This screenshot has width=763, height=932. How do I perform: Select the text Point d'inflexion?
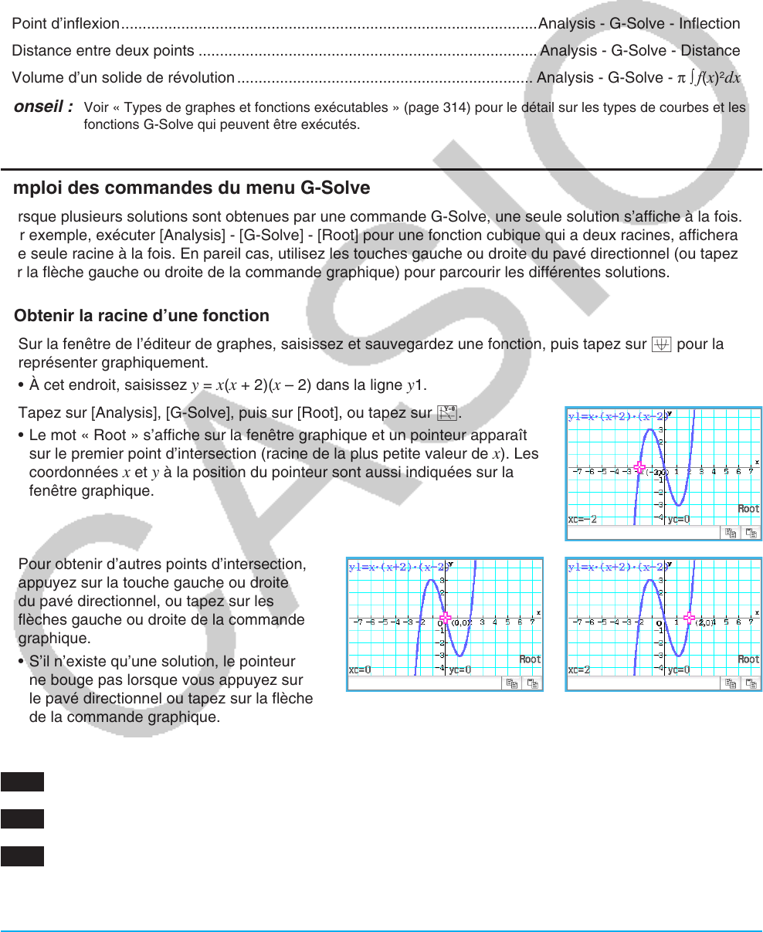click(66, 24)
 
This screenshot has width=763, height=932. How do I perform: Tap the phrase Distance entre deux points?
click(103, 51)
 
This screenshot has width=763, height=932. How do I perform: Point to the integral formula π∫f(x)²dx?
click(709, 78)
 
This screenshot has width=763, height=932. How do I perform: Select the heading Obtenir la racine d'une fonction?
click(142, 316)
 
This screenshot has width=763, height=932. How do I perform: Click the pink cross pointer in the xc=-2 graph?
click(639, 467)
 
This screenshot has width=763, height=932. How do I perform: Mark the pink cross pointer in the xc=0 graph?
click(445, 618)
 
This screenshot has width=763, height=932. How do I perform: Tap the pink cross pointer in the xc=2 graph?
click(689, 618)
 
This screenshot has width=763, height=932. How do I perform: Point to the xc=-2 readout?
click(583, 520)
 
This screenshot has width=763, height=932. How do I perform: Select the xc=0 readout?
click(361, 670)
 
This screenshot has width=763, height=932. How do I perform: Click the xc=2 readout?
click(580, 670)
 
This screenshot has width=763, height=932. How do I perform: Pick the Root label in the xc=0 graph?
click(530, 659)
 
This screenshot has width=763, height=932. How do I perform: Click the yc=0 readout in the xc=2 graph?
click(679, 670)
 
